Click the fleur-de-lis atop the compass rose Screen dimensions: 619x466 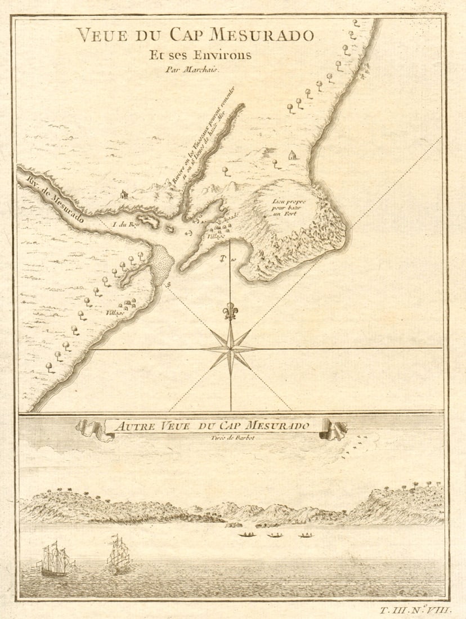coord(230,311)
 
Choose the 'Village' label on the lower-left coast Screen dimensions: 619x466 coord(111,313)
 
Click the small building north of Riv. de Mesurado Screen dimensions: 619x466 coord(124,194)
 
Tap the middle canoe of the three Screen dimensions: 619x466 coord(275,535)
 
